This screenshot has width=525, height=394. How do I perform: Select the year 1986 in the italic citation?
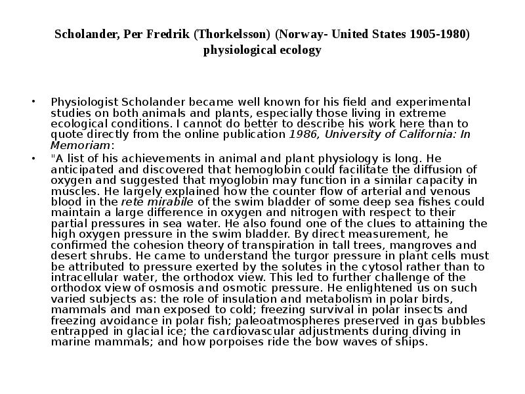tap(301, 135)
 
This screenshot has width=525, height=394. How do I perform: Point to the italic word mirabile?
tap(171, 202)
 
